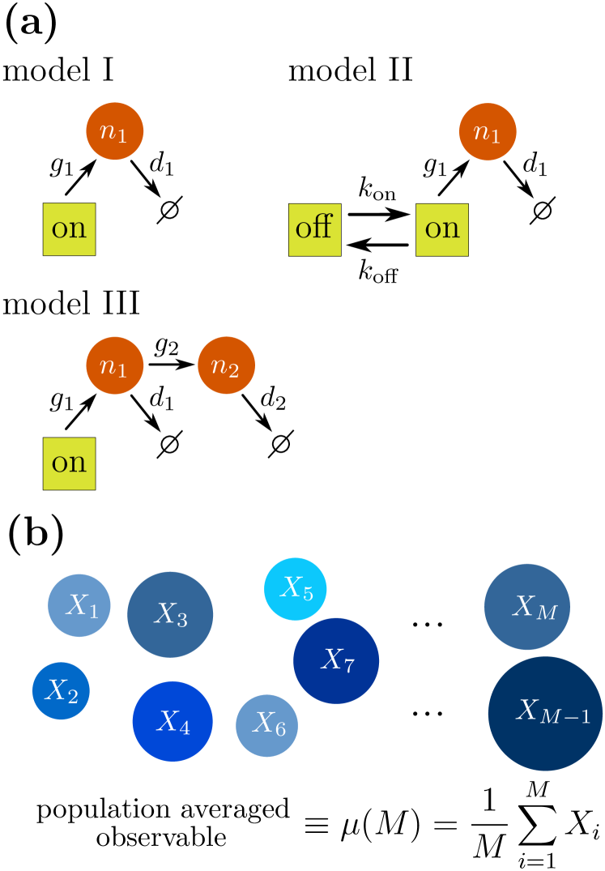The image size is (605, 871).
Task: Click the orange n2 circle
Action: [227, 365]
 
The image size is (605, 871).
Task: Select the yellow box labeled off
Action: [314, 229]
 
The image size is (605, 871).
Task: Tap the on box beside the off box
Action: [442, 229]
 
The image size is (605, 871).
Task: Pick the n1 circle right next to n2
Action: [115, 365]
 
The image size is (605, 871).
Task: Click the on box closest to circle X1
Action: [69, 463]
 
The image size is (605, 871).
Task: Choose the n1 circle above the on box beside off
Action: [488, 132]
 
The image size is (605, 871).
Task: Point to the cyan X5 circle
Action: [296, 589]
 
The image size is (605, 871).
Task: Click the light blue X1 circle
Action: [79, 605]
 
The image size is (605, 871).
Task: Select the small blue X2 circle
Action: [61, 690]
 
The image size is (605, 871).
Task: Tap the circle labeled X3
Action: [170, 614]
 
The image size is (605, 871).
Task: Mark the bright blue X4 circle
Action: [173, 721]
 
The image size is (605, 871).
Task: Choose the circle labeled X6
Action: [267, 725]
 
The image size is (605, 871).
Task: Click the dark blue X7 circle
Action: [336, 660]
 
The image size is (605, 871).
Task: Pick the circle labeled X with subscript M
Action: [527, 607]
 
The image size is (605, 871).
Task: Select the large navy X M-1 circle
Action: [545, 713]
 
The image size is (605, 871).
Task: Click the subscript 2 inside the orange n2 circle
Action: [233, 372]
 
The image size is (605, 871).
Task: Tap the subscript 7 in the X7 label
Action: [348, 667]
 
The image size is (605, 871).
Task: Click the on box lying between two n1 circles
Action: [69, 229]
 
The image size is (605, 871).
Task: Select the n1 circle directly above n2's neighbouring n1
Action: [115, 131]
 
